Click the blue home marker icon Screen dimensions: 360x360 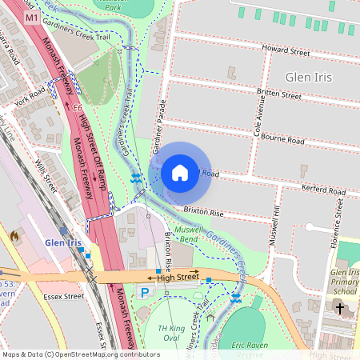pyautogui.click(x=180, y=172)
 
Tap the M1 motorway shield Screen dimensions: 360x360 pyautogui.click(x=32, y=17)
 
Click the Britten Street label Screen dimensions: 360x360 pyautogui.click(x=279, y=94)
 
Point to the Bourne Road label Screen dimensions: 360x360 pyautogui.click(x=285, y=141)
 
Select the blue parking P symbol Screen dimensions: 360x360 pyautogui.click(x=145, y=293)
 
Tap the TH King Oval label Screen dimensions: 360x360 pyautogui.click(x=170, y=334)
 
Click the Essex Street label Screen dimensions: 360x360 pyautogui.click(x=64, y=296)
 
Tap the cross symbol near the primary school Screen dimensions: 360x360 pyautogui.click(x=339, y=308)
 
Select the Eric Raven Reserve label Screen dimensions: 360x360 pyautogui.click(x=248, y=349)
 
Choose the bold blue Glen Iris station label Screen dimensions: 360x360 pyautogui.click(x=63, y=242)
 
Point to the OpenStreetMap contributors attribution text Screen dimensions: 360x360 pyautogui.click(x=80, y=354)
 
